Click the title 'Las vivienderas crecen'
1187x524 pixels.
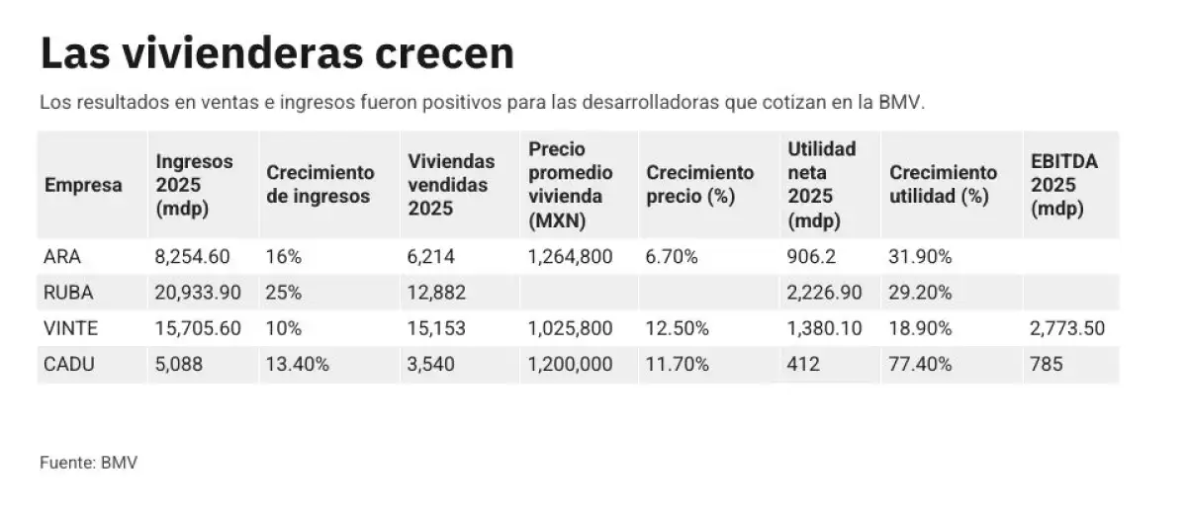[x=277, y=53]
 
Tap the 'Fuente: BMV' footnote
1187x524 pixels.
[x=88, y=463]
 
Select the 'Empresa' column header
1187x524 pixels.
[x=83, y=185]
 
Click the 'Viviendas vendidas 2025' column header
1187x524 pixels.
[x=450, y=185]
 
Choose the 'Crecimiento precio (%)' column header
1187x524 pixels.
[x=699, y=185]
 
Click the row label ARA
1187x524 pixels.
[x=61, y=257]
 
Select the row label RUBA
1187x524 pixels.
[x=67, y=293]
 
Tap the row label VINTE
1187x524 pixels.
[x=70, y=328]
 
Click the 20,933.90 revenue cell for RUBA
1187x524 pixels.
[x=198, y=293]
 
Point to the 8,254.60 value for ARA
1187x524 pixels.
[x=193, y=257]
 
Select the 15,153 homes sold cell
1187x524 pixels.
[x=436, y=328]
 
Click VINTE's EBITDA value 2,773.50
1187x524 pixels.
[x=1067, y=328]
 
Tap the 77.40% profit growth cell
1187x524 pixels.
[x=920, y=364]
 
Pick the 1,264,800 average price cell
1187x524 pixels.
[x=571, y=257]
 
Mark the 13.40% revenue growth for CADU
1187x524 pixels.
[x=298, y=364]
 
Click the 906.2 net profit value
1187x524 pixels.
[x=809, y=257]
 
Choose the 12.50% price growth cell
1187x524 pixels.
[x=678, y=328]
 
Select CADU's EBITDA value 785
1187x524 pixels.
[x=1047, y=364]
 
